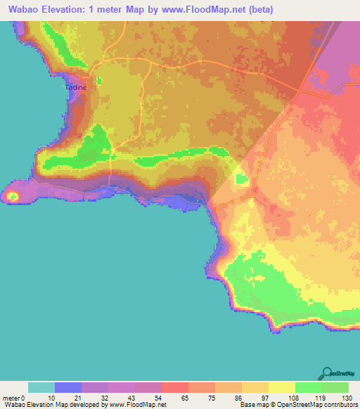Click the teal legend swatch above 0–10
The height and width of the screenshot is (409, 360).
[x=41, y=387]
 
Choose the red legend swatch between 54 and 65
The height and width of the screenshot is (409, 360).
[x=175, y=387]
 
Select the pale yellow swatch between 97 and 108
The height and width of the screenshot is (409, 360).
[x=282, y=387]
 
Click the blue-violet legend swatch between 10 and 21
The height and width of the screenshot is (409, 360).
[x=68, y=387]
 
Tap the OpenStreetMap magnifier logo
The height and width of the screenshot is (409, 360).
[x=326, y=375]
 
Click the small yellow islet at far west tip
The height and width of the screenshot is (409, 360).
[x=13, y=196]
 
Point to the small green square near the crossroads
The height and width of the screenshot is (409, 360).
[x=242, y=180]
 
